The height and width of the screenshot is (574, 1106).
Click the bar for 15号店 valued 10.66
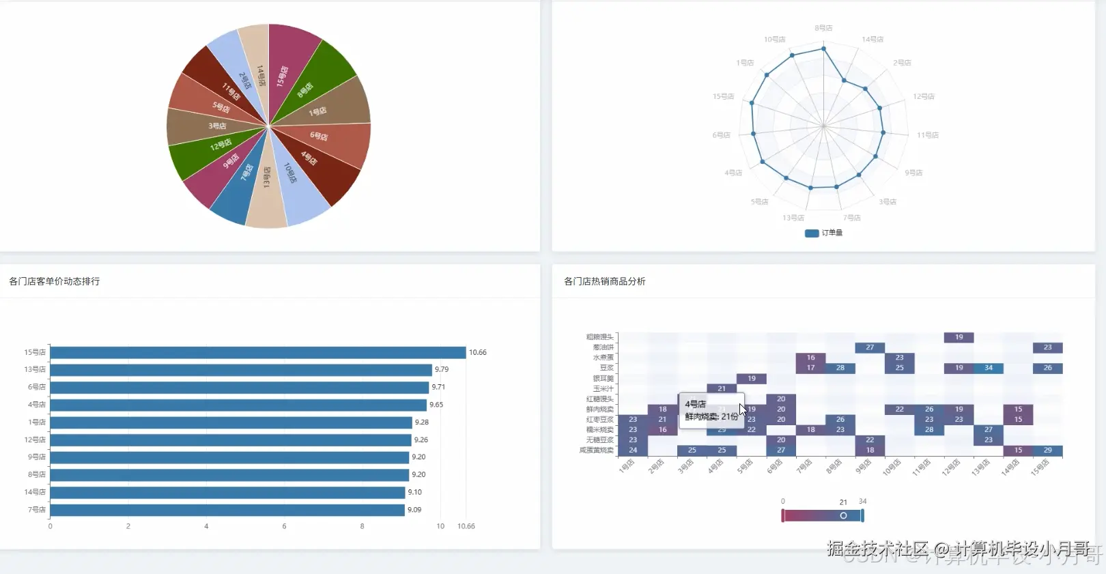coord(257,352)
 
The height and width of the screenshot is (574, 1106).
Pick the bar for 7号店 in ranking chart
coord(227,510)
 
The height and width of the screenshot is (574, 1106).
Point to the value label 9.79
coord(442,369)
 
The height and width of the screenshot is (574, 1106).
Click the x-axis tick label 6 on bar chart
coord(284,526)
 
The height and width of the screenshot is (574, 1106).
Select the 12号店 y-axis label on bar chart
coord(35,440)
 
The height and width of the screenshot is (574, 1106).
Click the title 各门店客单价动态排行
coord(55,281)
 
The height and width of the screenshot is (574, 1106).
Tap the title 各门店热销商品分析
coord(604,281)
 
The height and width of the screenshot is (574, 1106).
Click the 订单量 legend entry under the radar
coord(824,233)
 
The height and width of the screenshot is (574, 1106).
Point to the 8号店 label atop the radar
coord(823,28)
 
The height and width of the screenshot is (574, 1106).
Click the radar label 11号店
coord(927,135)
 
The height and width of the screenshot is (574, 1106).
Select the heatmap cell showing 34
coord(988,368)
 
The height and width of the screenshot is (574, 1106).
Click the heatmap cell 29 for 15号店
coord(1047,450)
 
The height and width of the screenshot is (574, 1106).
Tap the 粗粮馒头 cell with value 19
coord(959,337)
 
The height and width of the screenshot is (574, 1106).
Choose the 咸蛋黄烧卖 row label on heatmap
coord(597,450)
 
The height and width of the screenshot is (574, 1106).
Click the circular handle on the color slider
coord(843,515)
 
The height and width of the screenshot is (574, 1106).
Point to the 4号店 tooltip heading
coord(695,404)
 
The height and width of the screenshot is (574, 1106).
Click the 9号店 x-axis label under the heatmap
coord(863,466)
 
